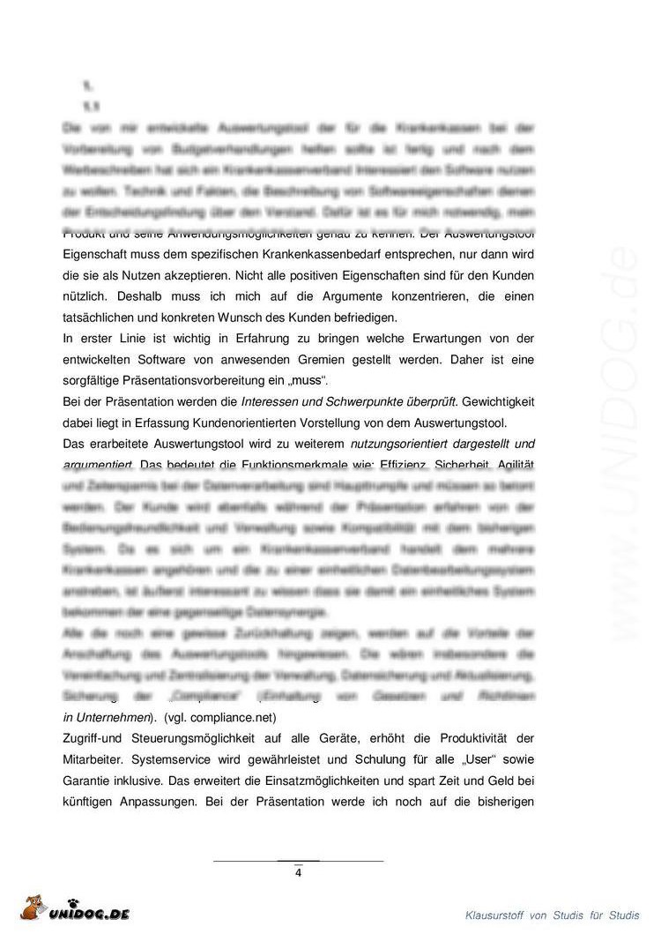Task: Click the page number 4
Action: coord(298,873)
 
